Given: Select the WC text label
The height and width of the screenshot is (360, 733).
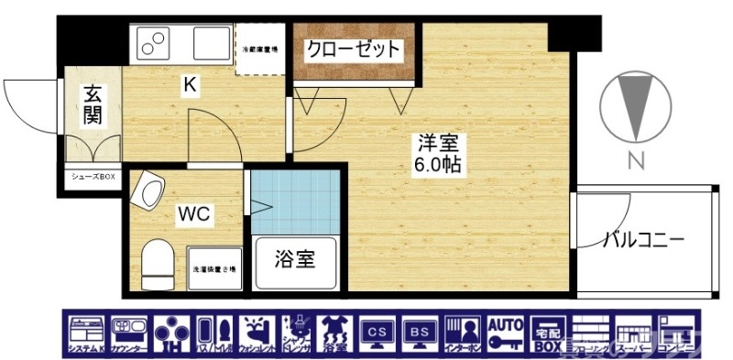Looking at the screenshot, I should pos(193,215).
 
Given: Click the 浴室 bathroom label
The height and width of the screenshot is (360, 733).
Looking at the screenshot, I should pos(296,259).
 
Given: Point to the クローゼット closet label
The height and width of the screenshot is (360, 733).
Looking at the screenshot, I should pos(353,48).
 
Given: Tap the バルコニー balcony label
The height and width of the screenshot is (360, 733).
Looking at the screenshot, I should pos(643,241).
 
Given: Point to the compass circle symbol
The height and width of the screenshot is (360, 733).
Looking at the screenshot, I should pos(635,105).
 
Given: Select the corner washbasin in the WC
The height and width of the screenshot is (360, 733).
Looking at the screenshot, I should pos(147,191).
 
